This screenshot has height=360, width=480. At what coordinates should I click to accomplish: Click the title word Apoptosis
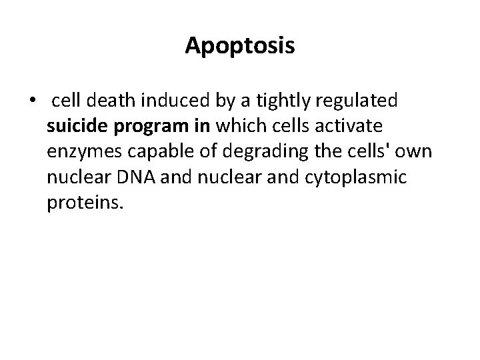(x=240, y=46)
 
